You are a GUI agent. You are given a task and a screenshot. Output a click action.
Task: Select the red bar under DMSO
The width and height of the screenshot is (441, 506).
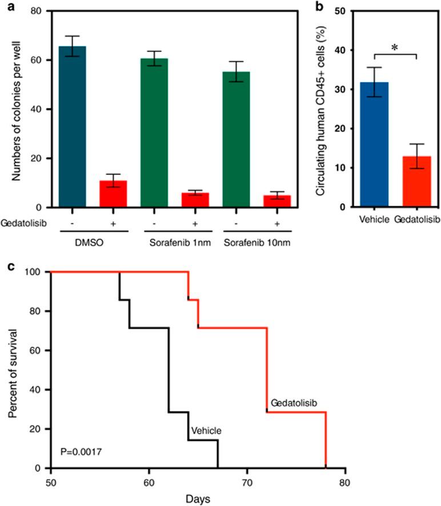coord(113,194)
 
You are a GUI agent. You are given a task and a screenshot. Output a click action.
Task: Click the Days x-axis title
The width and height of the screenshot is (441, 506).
coord(198,498)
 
